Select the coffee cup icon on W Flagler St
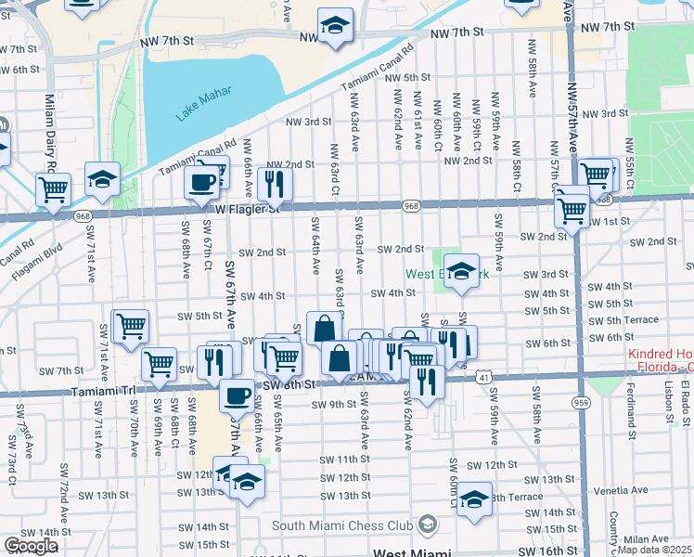tap(201, 183)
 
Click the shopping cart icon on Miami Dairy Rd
tap(54, 189)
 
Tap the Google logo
tap(30, 546)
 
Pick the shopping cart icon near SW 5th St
tap(130, 326)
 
